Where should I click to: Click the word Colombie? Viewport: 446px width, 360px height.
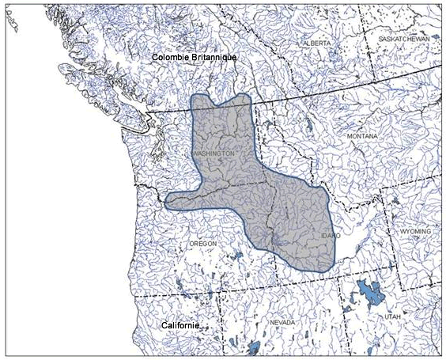point(174,59)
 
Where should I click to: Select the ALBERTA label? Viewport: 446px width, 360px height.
point(315,43)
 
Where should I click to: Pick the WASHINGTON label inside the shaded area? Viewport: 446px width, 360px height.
point(213,153)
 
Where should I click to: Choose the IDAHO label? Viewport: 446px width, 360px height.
point(331,236)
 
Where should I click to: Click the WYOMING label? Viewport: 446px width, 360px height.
point(415,231)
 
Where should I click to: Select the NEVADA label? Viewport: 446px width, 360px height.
point(282,323)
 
